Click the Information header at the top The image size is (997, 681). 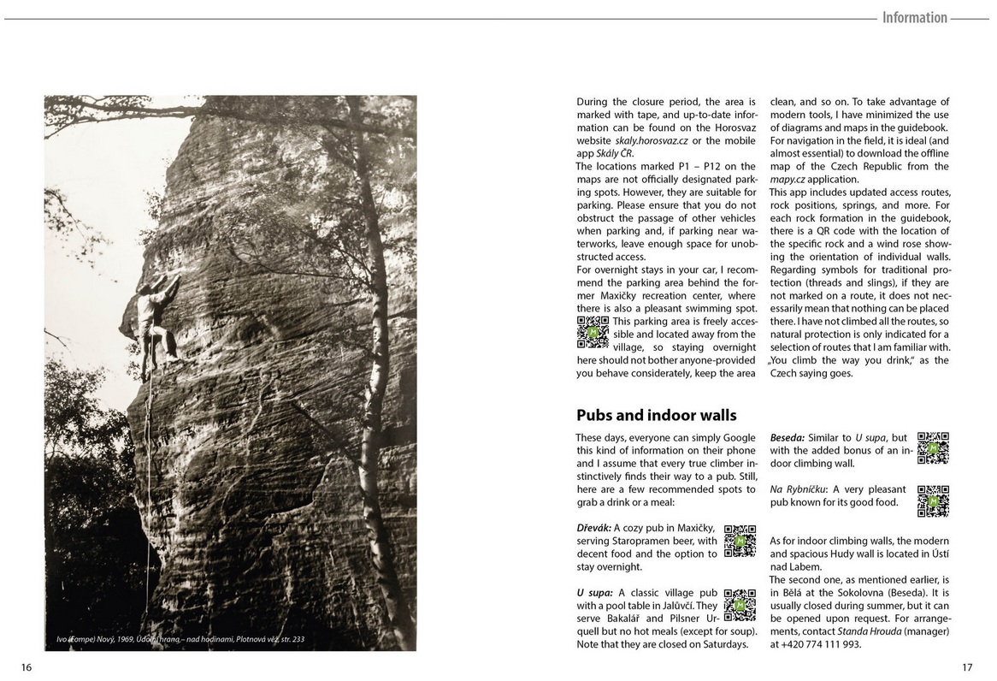(x=914, y=18)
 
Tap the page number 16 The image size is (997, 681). (x=27, y=666)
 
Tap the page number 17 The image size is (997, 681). (x=967, y=666)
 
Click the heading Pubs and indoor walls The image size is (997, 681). (x=656, y=416)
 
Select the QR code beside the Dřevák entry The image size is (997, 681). (x=740, y=542)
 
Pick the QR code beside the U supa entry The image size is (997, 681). (x=740, y=604)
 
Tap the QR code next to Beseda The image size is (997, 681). (x=933, y=447)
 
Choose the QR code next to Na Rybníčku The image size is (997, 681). (x=933, y=501)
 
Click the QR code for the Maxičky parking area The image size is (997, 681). (x=593, y=332)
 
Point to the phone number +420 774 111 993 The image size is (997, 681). (x=821, y=644)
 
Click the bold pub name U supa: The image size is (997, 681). (x=594, y=592)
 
